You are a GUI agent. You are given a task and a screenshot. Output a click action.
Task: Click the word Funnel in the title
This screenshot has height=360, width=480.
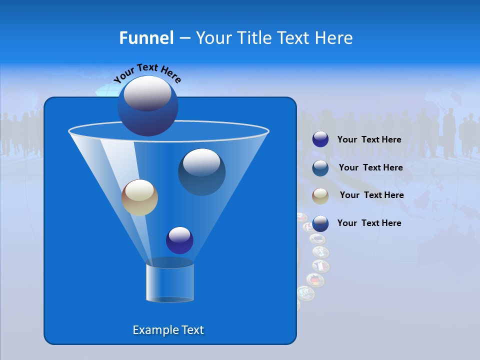pyautogui.click(x=146, y=38)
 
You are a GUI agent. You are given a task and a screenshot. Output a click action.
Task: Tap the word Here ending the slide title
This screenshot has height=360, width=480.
pyautogui.click(x=334, y=38)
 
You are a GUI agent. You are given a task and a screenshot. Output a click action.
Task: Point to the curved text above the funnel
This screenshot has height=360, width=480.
pyautogui.click(x=147, y=72)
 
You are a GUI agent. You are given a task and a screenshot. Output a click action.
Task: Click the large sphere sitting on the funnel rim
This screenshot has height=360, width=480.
pyautogui.click(x=147, y=105)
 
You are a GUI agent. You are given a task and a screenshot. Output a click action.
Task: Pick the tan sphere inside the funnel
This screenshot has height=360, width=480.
pyautogui.click(x=139, y=197)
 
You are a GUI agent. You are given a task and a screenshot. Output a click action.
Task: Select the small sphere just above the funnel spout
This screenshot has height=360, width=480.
pyautogui.click(x=179, y=240)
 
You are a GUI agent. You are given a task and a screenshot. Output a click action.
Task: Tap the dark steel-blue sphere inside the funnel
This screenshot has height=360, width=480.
pyautogui.click(x=201, y=171)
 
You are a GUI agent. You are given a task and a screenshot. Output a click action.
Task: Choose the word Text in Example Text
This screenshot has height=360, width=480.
pyautogui.click(x=192, y=330)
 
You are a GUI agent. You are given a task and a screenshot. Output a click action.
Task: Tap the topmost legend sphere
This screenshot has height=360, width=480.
pyautogui.click(x=320, y=139)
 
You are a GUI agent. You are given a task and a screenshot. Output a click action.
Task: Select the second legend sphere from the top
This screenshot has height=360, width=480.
pyautogui.click(x=320, y=167)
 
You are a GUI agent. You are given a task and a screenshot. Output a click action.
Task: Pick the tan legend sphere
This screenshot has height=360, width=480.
pyautogui.click(x=320, y=195)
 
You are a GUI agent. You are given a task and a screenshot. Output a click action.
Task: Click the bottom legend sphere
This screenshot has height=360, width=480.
pyautogui.click(x=320, y=223)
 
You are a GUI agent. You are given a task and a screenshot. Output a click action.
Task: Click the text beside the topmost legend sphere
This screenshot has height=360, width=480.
pyautogui.click(x=369, y=139)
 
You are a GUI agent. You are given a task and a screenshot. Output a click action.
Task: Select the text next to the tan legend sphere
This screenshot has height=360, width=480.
pyautogui.click(x=371, y=195)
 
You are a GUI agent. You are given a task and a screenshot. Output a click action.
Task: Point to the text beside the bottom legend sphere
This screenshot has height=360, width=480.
pyautogui.click(x=369, y=223)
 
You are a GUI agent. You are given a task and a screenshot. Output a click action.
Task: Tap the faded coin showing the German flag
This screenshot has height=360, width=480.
pyautogui.click(x=315, y=280)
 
